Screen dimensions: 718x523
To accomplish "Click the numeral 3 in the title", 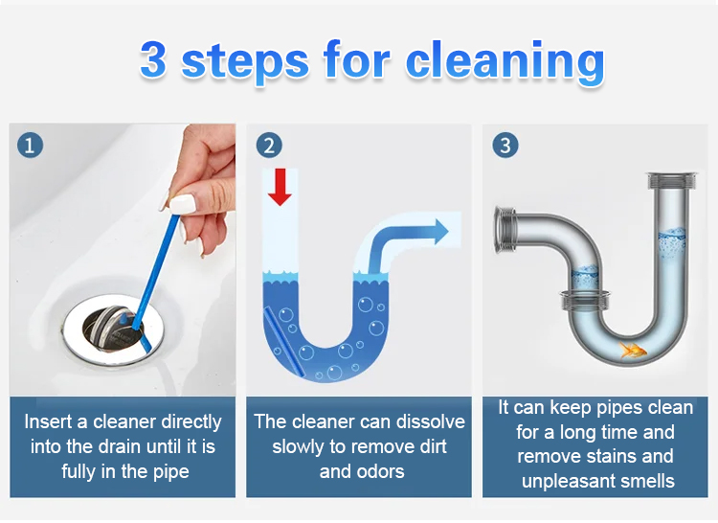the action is [152, 59].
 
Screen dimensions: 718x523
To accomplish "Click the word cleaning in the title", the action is [505, 62].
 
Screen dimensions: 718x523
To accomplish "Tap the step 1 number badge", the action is [30, 146].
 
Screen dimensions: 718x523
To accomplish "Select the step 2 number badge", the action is [269, 146].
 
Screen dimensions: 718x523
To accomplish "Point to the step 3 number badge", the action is [505, 146].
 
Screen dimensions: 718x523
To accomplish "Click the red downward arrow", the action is [280, 187].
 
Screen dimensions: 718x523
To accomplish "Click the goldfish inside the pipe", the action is [633, 351].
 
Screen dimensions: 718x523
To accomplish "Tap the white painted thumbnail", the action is [182, 203].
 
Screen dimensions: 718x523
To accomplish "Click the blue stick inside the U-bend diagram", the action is [284, 342].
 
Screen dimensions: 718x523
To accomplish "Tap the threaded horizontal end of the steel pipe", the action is [505, 230].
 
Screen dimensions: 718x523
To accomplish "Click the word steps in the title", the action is [245, 63].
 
